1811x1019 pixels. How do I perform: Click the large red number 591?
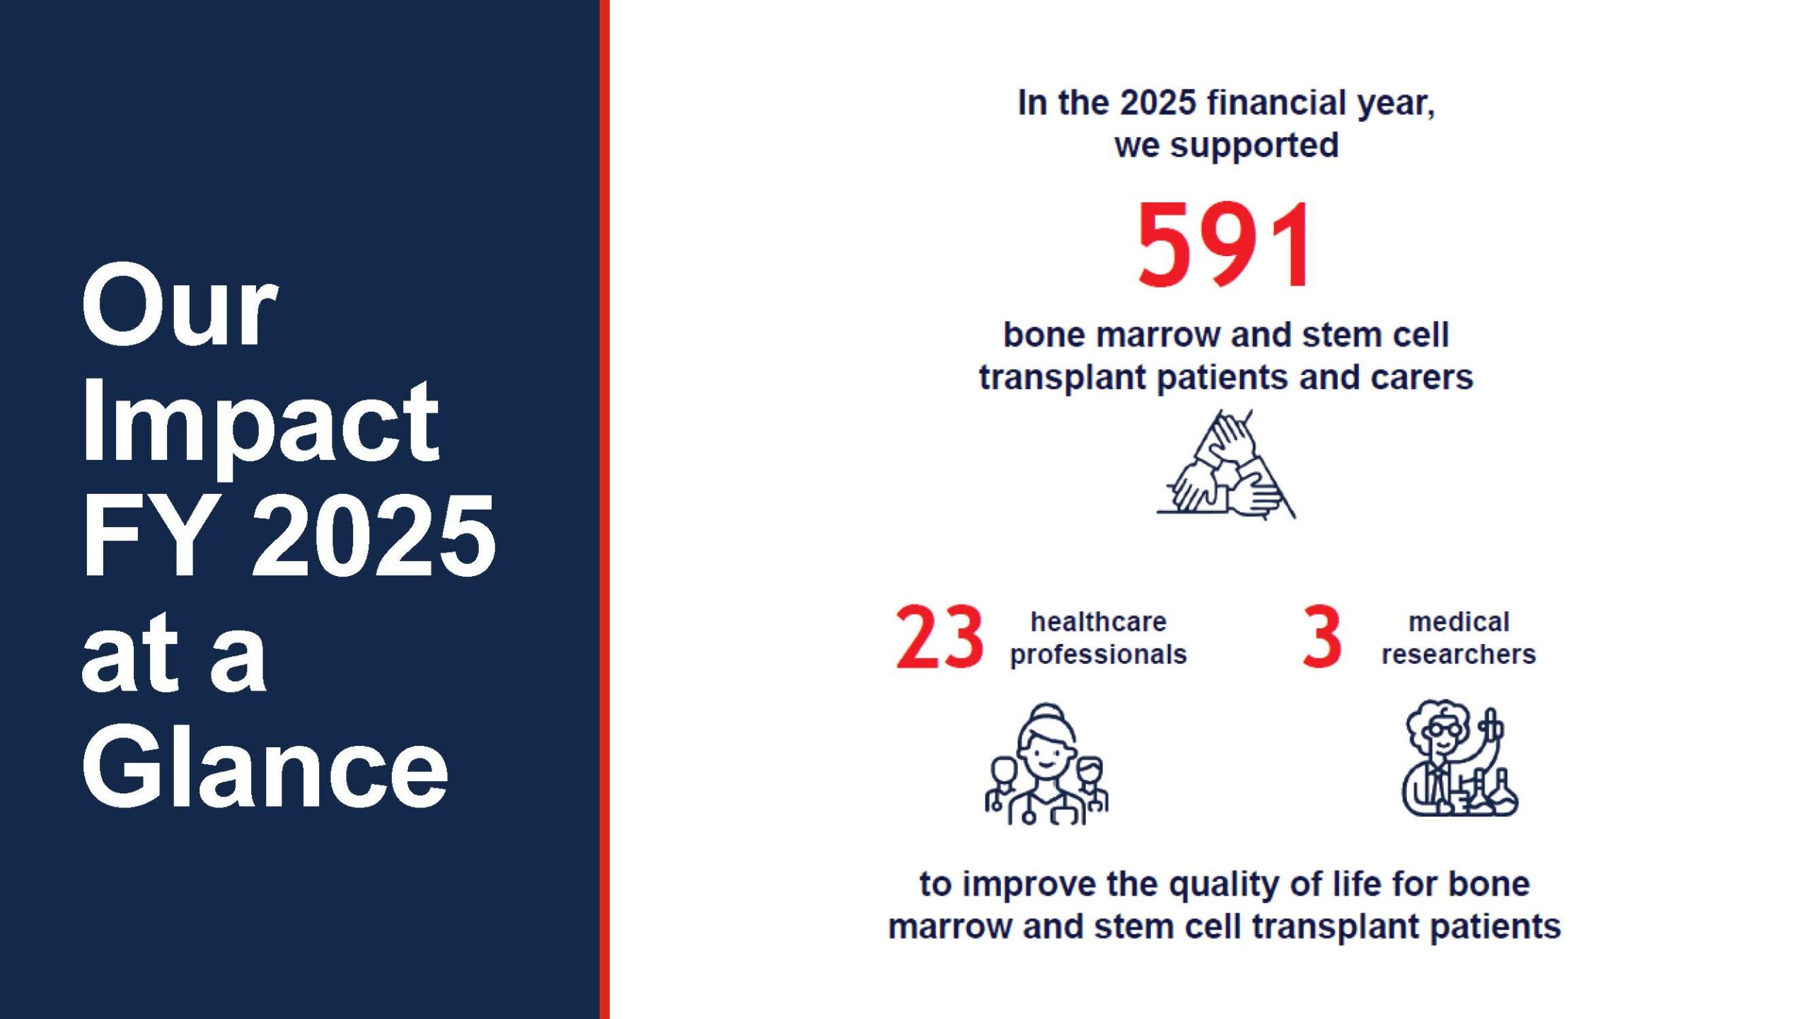[1225, 244]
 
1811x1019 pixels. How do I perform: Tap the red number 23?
[939, 637]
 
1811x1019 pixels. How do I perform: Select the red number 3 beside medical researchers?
[1321, 637]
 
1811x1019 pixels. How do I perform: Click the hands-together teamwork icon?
[1226, 464]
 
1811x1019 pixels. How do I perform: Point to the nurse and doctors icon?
[1047, 764]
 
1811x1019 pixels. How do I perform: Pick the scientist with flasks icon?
[1459, 758]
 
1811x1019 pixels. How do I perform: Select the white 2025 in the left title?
[374, 535]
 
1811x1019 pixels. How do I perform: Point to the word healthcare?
[1098, 622]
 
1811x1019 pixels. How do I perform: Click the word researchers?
[1459, 654]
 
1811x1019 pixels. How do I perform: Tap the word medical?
[1459, 622]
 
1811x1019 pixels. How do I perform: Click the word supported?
[1254, 146]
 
